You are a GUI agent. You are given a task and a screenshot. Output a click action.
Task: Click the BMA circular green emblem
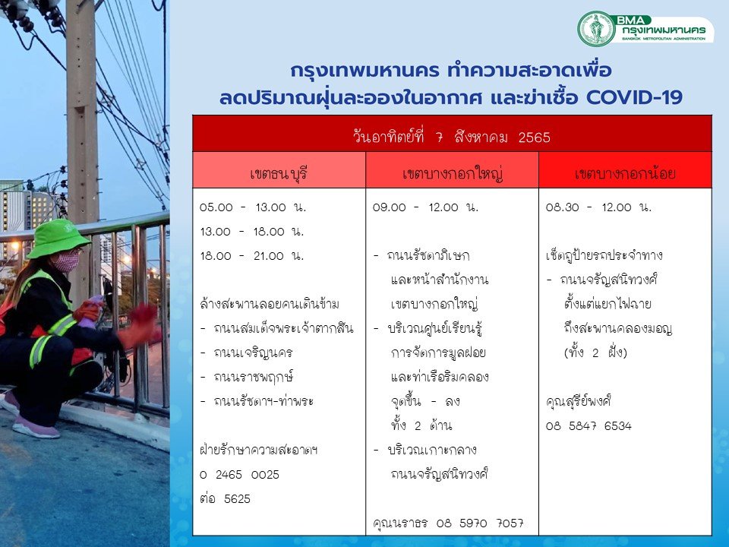596,29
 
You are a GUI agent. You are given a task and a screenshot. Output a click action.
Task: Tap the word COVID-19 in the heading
634,98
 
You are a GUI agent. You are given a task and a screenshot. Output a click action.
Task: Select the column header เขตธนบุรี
279,174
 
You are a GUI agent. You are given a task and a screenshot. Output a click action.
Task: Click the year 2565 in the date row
534,138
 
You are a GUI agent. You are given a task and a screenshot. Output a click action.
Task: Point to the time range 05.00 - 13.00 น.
252,207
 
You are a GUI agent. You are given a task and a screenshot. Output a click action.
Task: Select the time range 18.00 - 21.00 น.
251,256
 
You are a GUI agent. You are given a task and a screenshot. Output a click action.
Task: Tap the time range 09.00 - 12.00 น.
425,207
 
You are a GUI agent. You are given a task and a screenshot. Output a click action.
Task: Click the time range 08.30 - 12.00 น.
599,207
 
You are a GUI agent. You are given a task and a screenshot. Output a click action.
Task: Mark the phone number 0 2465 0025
239,474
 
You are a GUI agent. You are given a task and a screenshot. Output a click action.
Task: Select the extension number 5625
237,498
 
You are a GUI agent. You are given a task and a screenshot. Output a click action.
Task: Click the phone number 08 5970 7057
480,523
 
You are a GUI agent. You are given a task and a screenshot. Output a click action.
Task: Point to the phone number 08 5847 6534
589,425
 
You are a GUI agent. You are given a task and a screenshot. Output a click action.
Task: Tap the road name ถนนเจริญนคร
253,353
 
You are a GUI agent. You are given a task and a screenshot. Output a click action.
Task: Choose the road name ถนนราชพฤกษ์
253,377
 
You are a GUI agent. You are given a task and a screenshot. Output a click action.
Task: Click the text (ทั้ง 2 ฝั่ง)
595,352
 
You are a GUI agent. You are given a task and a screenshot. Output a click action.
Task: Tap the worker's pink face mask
67,262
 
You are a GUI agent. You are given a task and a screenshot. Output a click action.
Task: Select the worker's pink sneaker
36,428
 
